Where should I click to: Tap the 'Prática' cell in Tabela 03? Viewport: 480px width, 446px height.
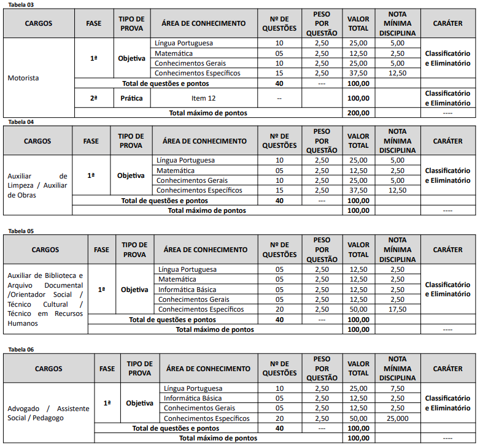pos(132,98)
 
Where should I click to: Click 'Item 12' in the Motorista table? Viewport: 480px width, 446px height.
pos(203,98)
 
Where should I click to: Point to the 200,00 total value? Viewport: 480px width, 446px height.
pos(358,113)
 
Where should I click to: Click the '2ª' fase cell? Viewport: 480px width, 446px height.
pos(93,98)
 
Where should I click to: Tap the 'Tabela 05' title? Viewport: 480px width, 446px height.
pos(21,231)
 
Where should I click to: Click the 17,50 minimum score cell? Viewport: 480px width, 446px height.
pos(397,309)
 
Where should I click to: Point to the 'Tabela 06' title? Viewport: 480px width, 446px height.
pos(21,349)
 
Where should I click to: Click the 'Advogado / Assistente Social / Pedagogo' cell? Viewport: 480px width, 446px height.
pos(48,413)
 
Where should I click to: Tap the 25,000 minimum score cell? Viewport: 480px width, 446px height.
pos(397,418)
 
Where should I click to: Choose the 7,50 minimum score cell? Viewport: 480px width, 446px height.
pos(397,388)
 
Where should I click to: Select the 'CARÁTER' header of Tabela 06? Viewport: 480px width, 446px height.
pos(448,369)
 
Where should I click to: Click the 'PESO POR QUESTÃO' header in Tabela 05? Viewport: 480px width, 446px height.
pos(322,250)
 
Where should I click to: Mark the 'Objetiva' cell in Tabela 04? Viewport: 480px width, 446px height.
pos(131,175)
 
